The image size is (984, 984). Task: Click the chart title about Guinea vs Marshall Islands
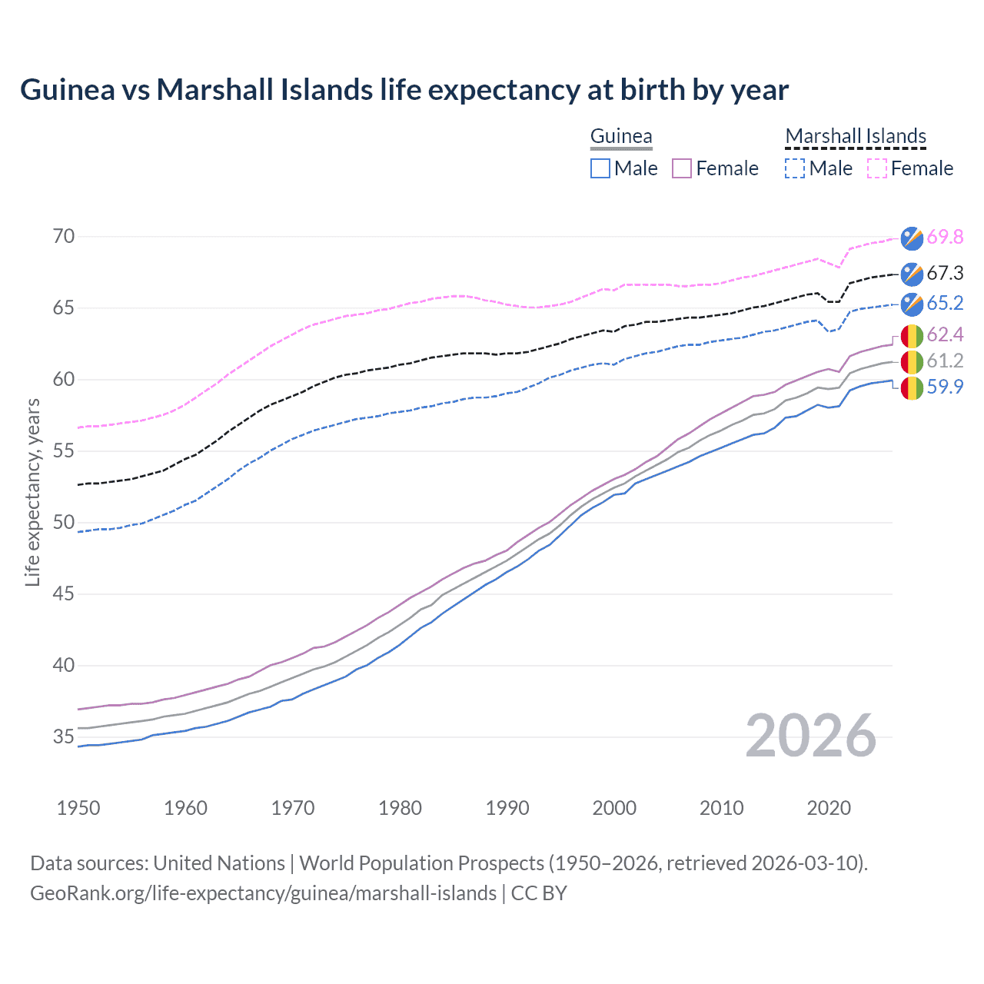(404, 90)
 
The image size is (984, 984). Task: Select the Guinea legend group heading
(621, 137)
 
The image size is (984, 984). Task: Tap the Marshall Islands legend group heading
(856, 137)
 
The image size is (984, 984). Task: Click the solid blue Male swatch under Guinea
(600, 168)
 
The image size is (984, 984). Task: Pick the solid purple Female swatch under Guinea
(682, 168)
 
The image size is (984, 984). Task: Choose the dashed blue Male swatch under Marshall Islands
(795, 168)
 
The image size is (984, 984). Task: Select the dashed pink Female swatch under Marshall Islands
(877, 168)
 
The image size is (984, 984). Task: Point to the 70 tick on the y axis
(64, 237)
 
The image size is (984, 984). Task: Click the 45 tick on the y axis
(64, 594)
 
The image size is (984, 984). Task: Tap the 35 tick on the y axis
(64, 737)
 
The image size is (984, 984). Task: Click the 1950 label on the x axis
(78, 808)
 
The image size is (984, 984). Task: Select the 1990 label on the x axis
(507, 808)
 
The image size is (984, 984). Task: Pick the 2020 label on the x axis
(829, 808)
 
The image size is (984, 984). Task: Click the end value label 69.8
(945, 238)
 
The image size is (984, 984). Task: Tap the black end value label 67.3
(945, 274)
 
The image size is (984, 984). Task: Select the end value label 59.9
(945, 387)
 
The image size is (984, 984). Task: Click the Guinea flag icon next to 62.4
(912, 335)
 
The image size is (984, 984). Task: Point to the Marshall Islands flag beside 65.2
(912, 304)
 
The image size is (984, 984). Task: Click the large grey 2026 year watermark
(811, 736)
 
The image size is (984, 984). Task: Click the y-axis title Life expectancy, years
(32, 492)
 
